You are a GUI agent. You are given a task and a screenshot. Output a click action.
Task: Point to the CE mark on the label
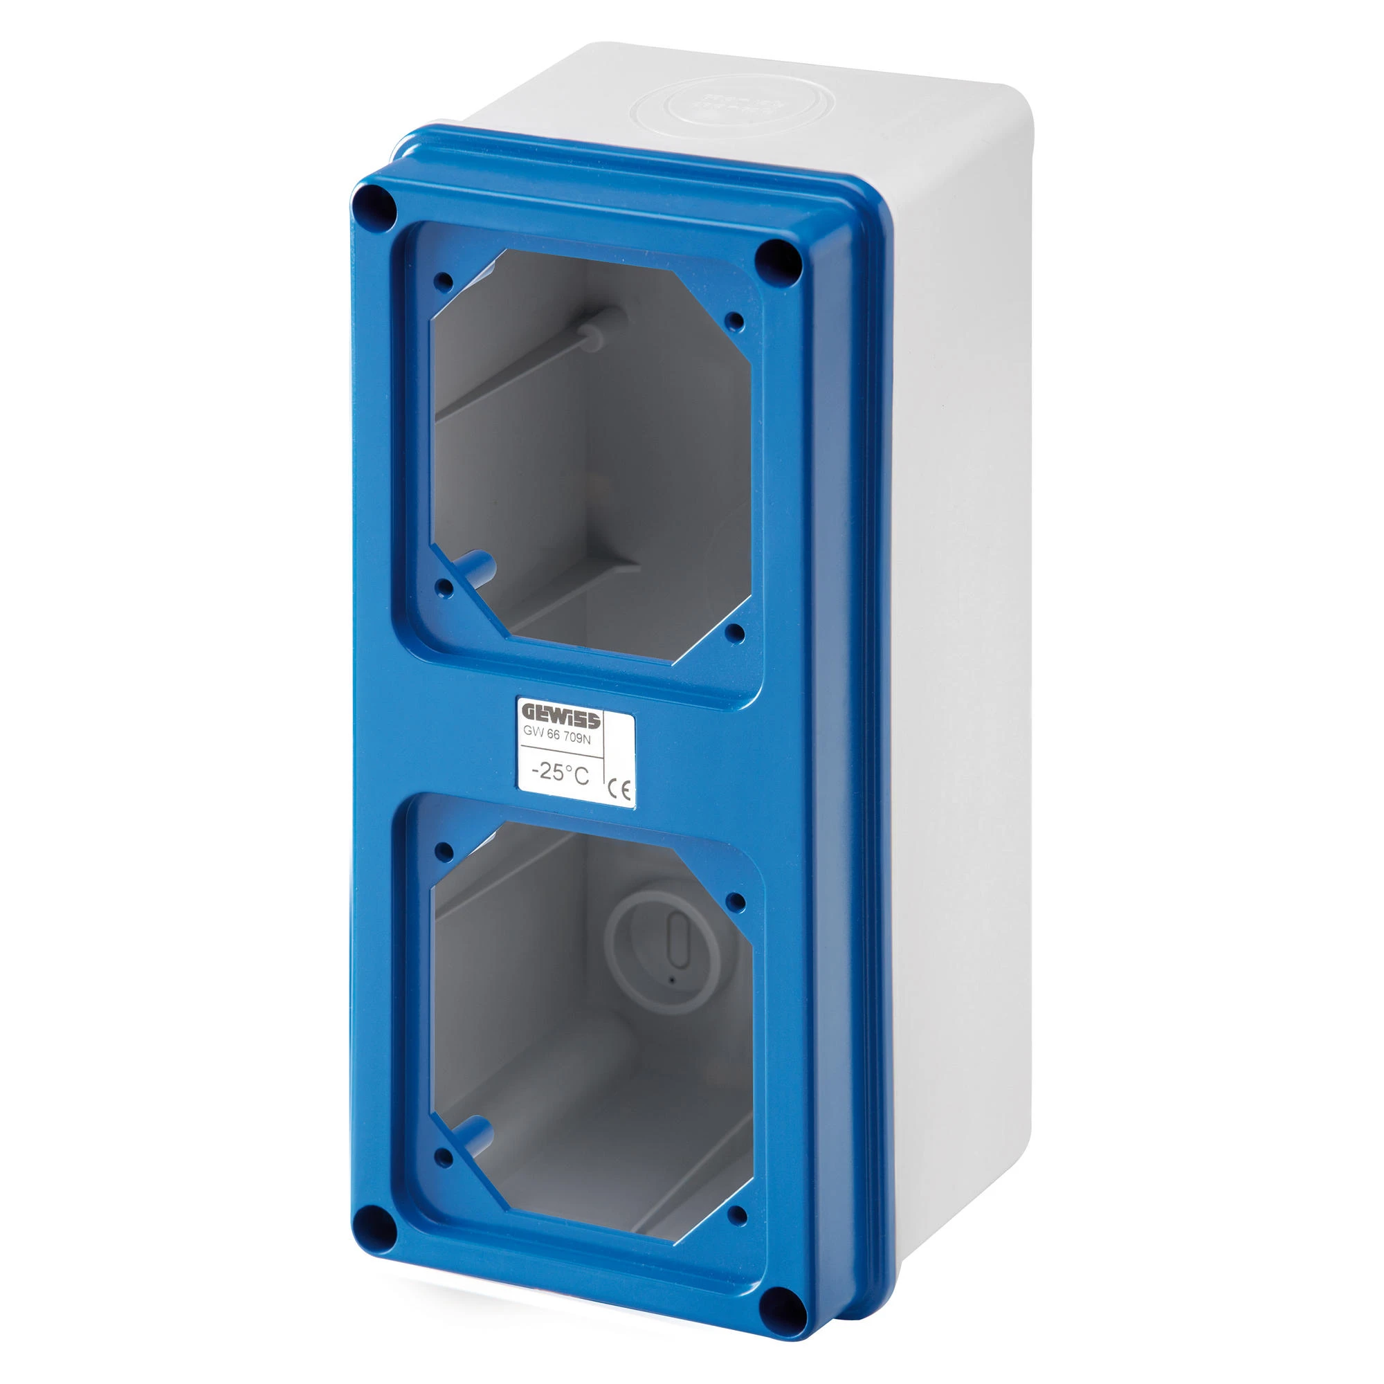click(619, 789)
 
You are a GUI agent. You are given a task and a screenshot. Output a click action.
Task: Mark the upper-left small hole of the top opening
click(444, 281)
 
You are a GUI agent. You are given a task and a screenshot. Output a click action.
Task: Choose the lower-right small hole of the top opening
click(735, 632)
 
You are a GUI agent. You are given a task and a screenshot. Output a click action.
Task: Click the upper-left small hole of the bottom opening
click(444, 852)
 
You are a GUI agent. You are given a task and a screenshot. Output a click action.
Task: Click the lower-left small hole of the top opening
click(444, 589)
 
